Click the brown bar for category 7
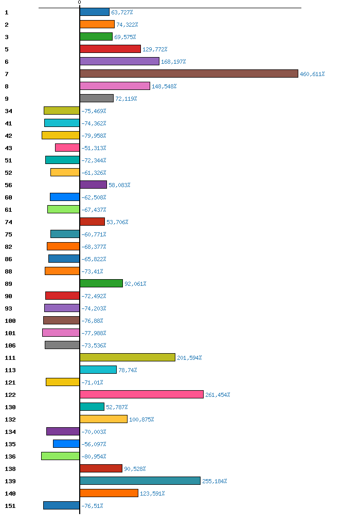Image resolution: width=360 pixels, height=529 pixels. (x=189, y=74)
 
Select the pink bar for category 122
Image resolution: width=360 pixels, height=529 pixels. (x=141, y=394)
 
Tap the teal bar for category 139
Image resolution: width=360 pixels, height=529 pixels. (x=140, y=481)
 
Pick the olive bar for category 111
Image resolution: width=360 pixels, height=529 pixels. (x=128, y=357)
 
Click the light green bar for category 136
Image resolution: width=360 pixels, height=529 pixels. (x=60, y=456)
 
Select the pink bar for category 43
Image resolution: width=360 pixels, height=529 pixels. (x=67, y=148)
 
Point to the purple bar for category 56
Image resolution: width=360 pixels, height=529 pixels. (x=93, y=185)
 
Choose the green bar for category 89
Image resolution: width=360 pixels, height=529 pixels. (x=101, y=283)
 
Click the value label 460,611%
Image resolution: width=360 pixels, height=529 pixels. (x=312, y=74)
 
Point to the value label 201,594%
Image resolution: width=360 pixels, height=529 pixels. (x=189, y=358)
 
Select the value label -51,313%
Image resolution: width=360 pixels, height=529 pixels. (x=94, y=148)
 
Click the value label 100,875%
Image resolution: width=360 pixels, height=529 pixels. (x=141, y=419)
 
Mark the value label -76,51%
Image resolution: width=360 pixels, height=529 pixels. (x=92, y=506)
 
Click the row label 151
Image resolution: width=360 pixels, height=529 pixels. (x=10, y=506)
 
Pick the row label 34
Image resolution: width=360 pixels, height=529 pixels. (x=8, y=111)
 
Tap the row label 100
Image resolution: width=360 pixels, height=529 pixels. (x=10, y=321)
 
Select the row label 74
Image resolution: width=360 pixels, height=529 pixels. (x=8, y=222)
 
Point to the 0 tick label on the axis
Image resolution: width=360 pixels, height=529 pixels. (x=79, y=3)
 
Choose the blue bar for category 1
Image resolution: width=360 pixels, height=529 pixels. (x=95, y=12)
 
